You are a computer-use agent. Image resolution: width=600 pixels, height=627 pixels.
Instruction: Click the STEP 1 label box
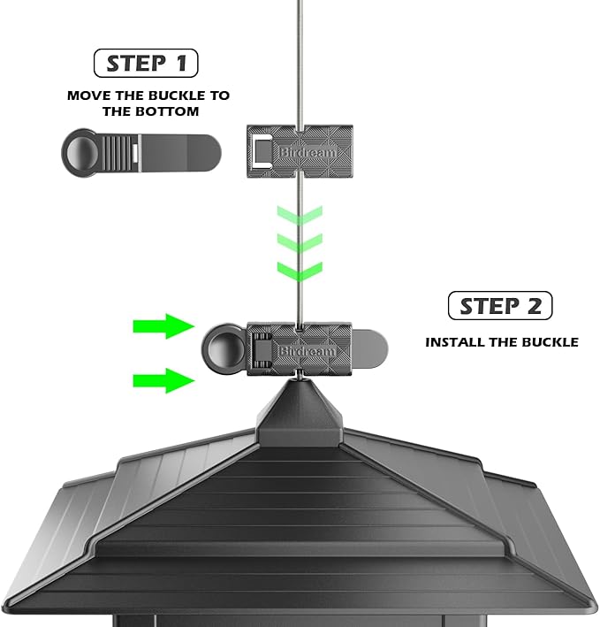(146, 64)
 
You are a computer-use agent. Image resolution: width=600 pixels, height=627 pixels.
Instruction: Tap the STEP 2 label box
(500, 306)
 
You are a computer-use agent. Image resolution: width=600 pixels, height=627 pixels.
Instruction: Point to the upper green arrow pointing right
(163, 326)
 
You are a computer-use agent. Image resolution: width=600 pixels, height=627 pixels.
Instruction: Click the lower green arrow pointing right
(163, 381)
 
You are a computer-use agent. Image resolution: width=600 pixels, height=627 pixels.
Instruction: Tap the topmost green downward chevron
(300, 215)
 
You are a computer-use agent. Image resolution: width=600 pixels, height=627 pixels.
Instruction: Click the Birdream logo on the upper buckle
(306, 151)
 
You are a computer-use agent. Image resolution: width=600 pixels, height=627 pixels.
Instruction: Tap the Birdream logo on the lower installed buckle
(307, 351)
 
